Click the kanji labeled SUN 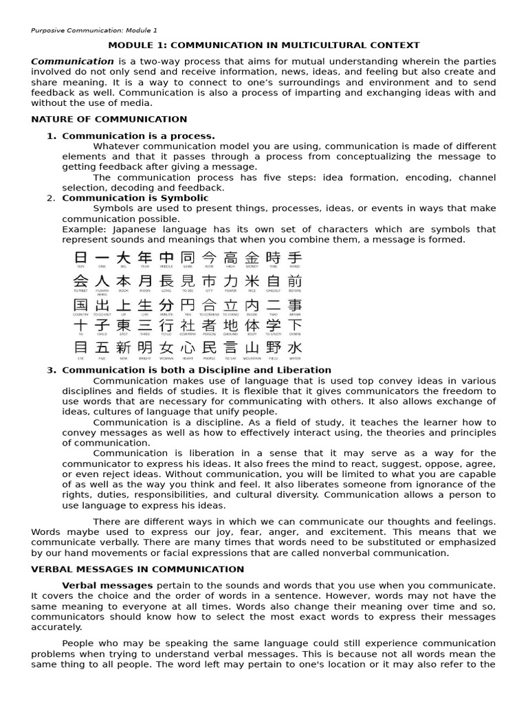pos(80,258)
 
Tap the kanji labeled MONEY pos(252,258)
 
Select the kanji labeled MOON pos(144,281)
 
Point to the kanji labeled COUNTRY pos(80,305)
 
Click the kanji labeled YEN pos(187,305)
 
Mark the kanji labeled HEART pos(187,348)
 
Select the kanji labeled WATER pos(294,348)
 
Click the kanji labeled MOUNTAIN pos(252,348)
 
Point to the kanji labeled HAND pos(294,258)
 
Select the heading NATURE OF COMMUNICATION pos(109,119)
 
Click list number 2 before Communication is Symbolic pos(52,198)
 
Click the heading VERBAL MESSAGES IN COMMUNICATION pos(137,569)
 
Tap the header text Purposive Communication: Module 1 pos(94,30)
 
